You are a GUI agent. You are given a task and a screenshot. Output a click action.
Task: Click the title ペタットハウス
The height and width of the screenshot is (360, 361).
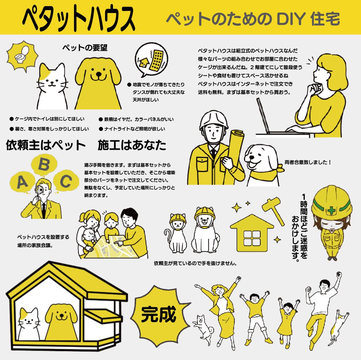point(78,18)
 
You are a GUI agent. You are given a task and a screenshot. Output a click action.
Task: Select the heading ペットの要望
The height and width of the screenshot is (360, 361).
point(85,48)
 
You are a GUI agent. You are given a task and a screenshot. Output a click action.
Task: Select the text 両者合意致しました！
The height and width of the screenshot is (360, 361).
point(308,162)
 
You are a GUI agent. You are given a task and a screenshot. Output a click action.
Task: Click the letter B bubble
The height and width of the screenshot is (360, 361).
point(44,164)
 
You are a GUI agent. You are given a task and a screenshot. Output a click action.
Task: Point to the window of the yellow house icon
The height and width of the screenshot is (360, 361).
point(252,238)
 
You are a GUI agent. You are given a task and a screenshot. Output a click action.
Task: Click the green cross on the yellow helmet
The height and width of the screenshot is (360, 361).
point(331,210)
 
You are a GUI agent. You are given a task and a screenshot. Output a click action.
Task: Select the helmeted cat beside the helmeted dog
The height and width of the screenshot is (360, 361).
point(176,233)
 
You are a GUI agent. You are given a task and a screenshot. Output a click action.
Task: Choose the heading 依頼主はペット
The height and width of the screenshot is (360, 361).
point(46,145)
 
